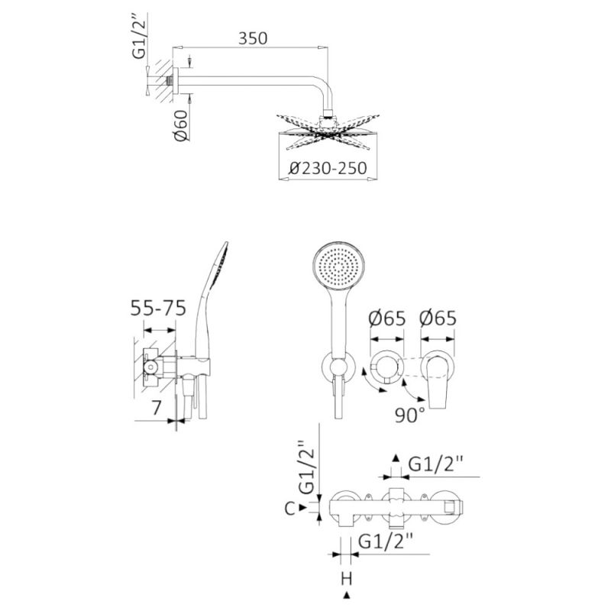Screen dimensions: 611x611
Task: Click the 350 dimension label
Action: coord(253,39)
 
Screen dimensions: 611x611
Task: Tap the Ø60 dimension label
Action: coord(180,125)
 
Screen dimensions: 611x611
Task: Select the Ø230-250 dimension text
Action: coord(328,168)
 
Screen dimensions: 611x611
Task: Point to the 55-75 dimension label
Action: coord(158,308)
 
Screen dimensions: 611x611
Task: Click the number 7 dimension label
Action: coord(157,408)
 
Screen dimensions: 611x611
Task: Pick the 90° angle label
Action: coord(410,415)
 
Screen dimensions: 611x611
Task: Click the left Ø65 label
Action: coord(387,318)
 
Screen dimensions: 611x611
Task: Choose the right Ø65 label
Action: coord(438,318)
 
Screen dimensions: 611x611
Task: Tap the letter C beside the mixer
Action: coord(290,508)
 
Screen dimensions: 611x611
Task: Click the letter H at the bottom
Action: coord(347,579)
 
